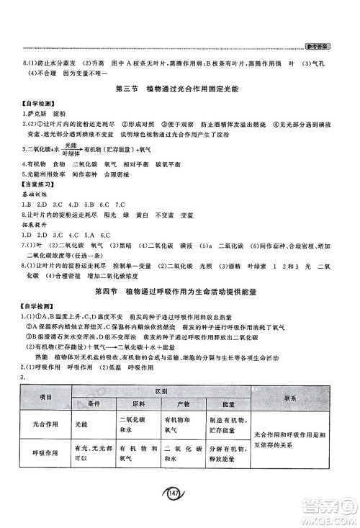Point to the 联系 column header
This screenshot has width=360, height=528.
coord(291,398)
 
